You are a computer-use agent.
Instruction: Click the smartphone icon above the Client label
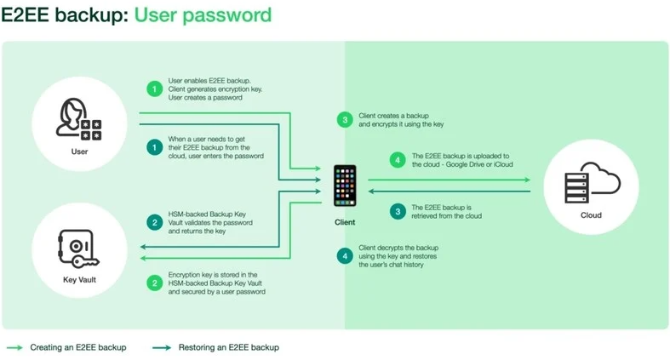(345, 186)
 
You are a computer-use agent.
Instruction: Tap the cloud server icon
(592, 183)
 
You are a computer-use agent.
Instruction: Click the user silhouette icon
(78, 119)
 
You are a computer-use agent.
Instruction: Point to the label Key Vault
(79, 280)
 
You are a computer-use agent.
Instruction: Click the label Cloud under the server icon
(591, 215)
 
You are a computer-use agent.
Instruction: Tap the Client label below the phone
(345, 222)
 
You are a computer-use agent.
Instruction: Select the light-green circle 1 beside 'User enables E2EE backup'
(155, 89)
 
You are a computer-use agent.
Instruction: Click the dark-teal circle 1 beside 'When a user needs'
(155, 147)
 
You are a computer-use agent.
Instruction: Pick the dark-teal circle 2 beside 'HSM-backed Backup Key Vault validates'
(155, 222)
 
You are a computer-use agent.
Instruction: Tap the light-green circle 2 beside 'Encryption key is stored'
(155, 283)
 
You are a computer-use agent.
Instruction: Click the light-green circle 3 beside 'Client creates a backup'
(345, 120)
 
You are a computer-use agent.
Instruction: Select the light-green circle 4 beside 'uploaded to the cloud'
(398, 160)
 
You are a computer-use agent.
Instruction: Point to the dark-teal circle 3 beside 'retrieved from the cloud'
(398, 211)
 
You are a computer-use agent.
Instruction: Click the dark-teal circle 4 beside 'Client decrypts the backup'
(345, 256)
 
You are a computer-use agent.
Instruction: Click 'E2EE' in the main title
(26, 15)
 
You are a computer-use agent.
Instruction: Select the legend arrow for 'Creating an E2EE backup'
(15, 347)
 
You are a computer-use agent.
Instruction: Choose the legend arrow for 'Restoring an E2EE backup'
(162, 347)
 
